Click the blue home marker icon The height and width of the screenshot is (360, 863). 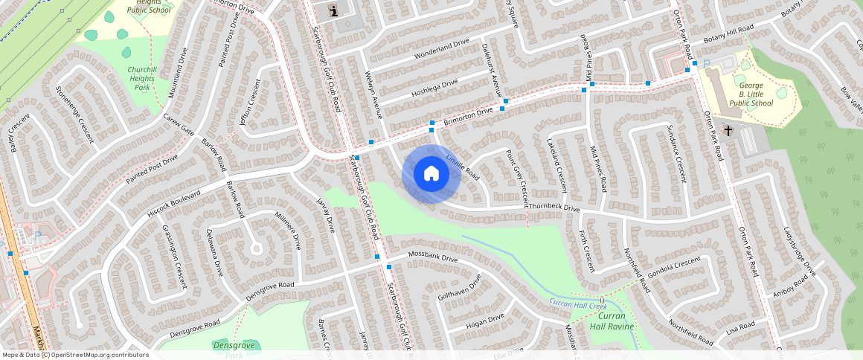pyautogui.click(x=431, y=174)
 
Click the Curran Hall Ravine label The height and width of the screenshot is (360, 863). pyautogui.click(x=612, y=321)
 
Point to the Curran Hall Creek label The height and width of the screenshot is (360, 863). pyautogui.click(x=578, y=302)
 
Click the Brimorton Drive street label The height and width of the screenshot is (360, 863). pyautogui.click(x=469, y=117)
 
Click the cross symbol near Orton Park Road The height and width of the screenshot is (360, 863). pyautogui.click(x=728, y=131)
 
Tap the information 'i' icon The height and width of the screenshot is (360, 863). pyautogui.click(x=333, y=10)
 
